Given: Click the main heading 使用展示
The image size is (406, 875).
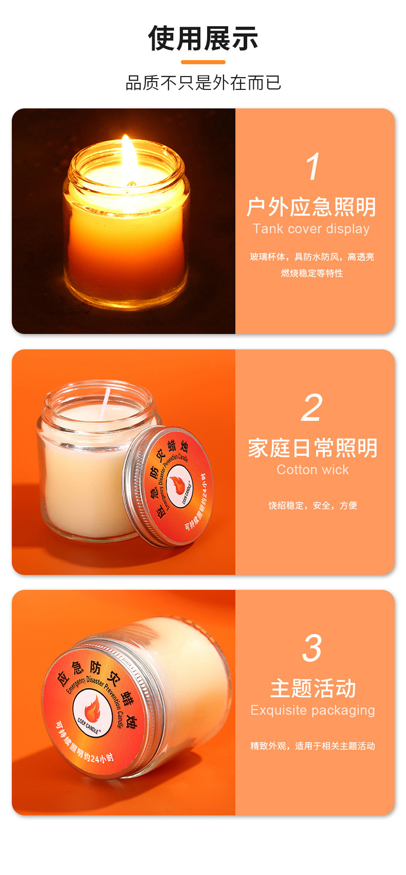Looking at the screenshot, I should [x=203, y=39].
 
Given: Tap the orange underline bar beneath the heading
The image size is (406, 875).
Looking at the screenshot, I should [x=203, y=62].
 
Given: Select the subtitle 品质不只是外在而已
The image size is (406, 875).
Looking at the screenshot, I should [x=203, y=83].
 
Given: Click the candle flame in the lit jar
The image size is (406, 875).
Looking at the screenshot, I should [x=127, y=157].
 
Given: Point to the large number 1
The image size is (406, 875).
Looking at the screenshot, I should [x=312, y=167].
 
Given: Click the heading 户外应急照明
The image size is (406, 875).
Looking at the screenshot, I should [x=311, y=207].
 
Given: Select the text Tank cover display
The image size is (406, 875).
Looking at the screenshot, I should [x=311, y=229].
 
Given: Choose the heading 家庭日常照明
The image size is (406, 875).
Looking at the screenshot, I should [x=312, y=448].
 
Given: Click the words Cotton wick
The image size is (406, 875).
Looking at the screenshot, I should [x=312, y=470].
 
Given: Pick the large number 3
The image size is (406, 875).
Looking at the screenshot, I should [x=312, y=648].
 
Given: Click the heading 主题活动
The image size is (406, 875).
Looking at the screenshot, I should [x=312, y=688].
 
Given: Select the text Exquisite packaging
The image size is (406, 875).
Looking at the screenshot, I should [x=312, y=710].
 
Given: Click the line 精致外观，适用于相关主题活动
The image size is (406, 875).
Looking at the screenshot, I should [x=312, y=746].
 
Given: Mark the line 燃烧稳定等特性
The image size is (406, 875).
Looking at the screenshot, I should [x=311, y=273].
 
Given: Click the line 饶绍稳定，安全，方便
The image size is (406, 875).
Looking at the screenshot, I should [x=312, y=506].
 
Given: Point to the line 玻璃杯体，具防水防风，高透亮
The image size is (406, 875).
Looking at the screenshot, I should [x=311, y=257].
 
